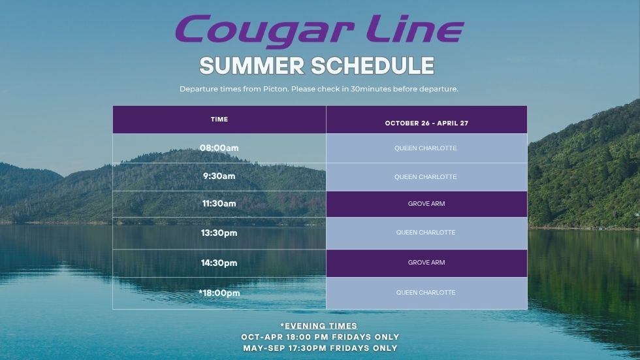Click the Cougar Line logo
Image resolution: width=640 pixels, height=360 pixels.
(319, 30)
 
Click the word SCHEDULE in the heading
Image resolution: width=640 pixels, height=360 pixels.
(373, 66)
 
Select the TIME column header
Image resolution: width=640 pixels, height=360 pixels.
(219, 119)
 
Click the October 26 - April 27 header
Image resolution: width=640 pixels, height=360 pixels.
(426, 123)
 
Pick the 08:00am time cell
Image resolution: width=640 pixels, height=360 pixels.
(219, 148)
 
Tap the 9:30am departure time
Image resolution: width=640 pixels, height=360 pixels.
(219, 176)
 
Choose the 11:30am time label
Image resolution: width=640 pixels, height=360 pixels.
(219, 203)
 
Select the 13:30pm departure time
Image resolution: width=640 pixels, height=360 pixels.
(219, 233)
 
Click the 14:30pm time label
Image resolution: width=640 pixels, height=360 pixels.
(219, 263)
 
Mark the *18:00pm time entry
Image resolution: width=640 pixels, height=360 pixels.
(219, 293)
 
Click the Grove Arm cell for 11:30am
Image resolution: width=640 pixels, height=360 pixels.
(426, 204)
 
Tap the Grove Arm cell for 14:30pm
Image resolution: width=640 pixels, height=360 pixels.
(426, 263)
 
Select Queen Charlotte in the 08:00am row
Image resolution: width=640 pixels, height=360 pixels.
(426, 148)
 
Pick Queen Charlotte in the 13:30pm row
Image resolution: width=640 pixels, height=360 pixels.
(426, 232)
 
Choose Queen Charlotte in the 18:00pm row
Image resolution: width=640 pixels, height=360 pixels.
(426, 292)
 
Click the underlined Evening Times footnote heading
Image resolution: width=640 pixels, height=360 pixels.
(319, 326)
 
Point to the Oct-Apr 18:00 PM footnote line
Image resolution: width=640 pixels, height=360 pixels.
(320, 336)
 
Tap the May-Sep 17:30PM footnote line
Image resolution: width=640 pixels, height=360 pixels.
(320, 348)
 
